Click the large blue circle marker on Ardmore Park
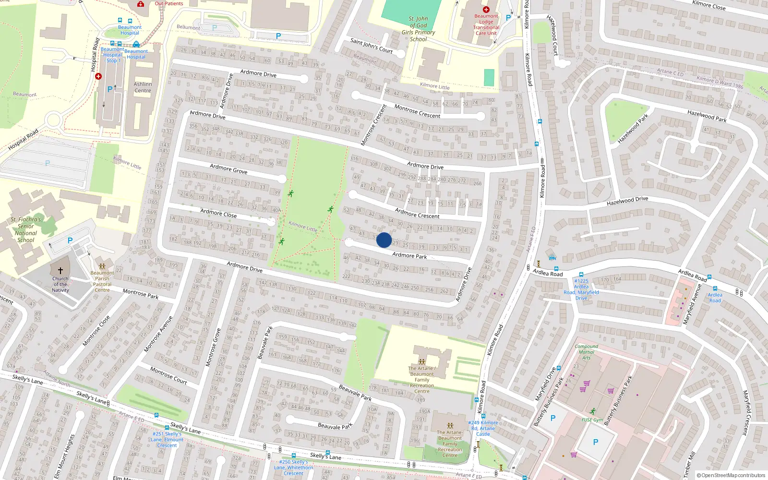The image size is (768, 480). [x=384, y=240]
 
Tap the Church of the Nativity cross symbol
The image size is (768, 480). [x=60, y=271]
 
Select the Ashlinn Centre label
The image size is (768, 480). [x=143, y=87]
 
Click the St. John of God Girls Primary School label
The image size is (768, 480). [x=419, y=29]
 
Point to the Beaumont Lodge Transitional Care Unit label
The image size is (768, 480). [x=486, y=24]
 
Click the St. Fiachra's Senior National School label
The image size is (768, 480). [x=26, y=229]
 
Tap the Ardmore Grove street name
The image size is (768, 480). [x=228, y=168]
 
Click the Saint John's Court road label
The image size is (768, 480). [x=372, y=46]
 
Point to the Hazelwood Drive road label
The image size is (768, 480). [x=627, y=201]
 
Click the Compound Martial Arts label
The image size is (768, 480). [x=586, y=352]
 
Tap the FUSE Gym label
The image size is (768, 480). [x=592, y=420]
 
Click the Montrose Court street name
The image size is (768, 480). [x=168, y=375]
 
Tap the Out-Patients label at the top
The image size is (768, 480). [x=169, y=3]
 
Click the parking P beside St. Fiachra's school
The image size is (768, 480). [x=70, y=240]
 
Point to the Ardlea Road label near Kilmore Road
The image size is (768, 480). [x=548, y=273]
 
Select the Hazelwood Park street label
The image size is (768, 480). [x=633, y=129]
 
